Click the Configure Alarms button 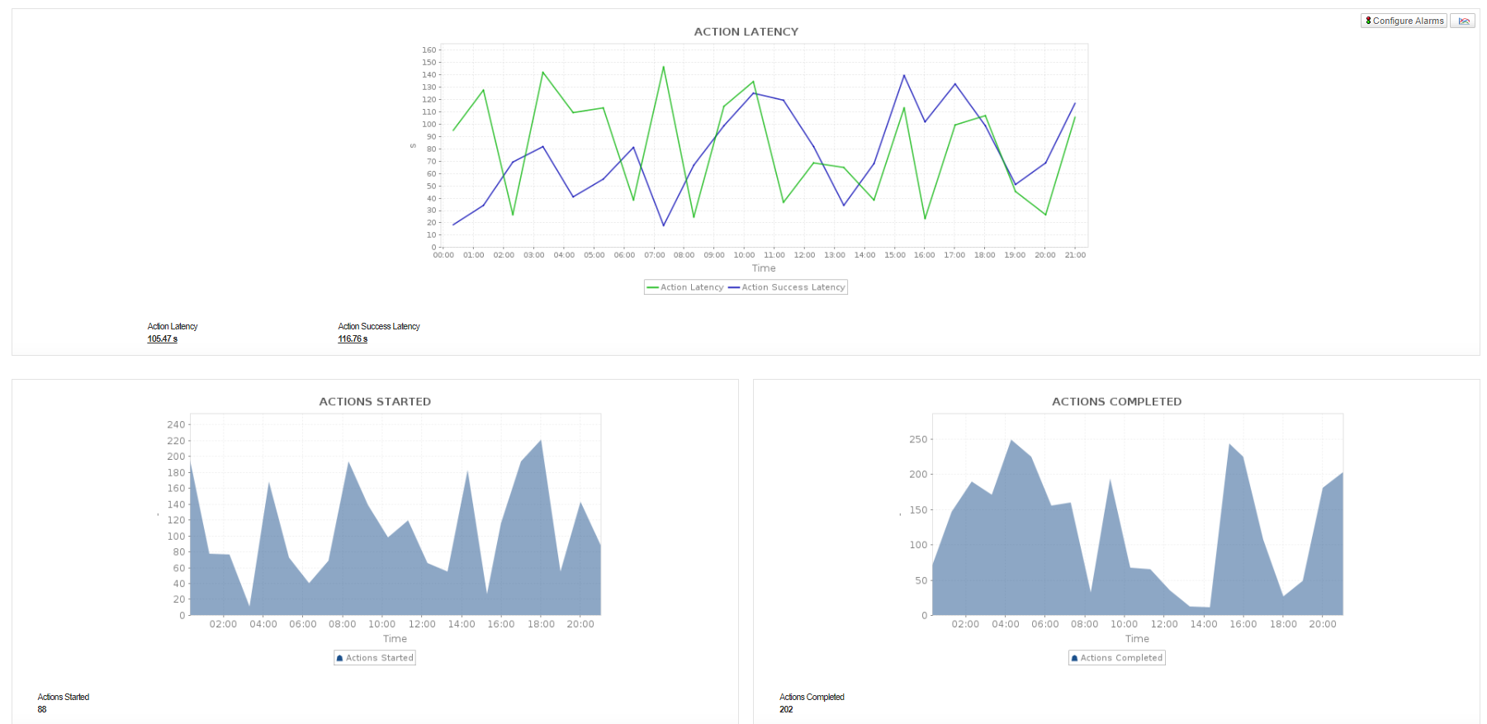pos(1404,21)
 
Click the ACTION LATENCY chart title pos(746,31)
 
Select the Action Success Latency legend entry pos(788,287)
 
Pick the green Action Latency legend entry pos(685,287)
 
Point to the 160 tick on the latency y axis pos(429,50)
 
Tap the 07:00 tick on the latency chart pos(654,255)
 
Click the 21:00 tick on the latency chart pos(1075,255)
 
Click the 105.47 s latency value pos(163,339)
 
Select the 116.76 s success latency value pos(353,339)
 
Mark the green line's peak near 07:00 pos(663,67)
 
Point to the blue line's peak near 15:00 pos(904,75)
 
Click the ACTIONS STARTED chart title pos(375,401)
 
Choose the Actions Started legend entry pos(375,658)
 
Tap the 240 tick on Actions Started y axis pos(176,424)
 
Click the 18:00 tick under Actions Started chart pos(541,624)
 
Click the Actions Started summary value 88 pos(42,709)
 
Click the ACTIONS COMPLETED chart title pos(1116,401)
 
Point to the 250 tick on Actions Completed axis pos(918,439)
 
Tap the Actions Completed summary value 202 pos(786,709)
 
